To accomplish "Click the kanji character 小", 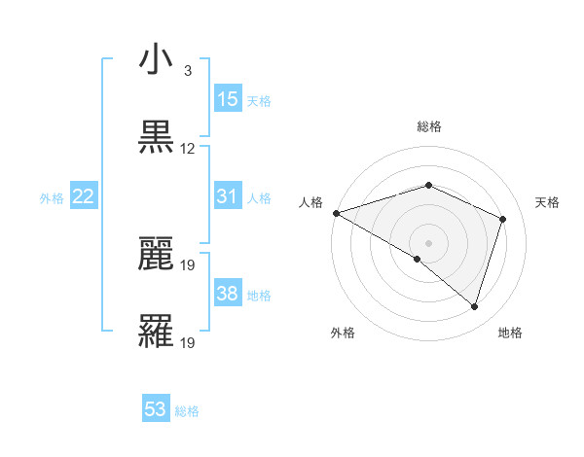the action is pos(156,60).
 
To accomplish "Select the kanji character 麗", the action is pos(156,253).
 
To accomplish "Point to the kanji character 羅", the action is pos(156,331).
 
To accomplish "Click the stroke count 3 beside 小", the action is pos(188,71).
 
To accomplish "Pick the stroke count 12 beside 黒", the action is pos(188,149).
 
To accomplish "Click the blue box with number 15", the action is pos(228,99).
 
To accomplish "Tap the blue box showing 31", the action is pos(228,196).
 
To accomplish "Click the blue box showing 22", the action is pos(84,196).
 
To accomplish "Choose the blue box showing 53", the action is pos(156,409).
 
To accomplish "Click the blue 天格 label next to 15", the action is pos(259,100).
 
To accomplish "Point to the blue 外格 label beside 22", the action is pos(52,197).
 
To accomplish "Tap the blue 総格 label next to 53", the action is pos(187,410).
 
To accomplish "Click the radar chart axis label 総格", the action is pos(428,126).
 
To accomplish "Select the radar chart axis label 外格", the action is pos(343,333).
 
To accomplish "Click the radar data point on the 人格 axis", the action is pos(336,213).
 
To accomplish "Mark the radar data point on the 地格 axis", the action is pos(474,307).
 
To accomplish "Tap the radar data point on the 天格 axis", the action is pos(503,219).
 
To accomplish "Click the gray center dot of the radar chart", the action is pos(428,242).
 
